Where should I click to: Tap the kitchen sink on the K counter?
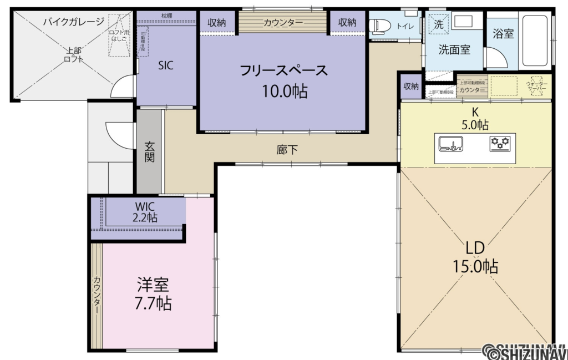tap(450, 144)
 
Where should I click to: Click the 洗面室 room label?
tap(454, 49)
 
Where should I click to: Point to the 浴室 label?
tap(503, 33)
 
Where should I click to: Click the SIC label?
tap(165, 65)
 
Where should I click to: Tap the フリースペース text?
tap(283, 70)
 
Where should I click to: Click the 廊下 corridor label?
tap(284, 149)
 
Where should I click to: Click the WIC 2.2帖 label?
tap(144, 212)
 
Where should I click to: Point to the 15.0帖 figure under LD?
tap(475, 266)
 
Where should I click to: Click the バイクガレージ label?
tap(73, 22)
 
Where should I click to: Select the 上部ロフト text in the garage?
tap(73, 54)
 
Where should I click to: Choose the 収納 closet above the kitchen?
tap(411, 86)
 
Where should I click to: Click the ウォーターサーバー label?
tap(536, 87)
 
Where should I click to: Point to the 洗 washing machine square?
tap(438, 24)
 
